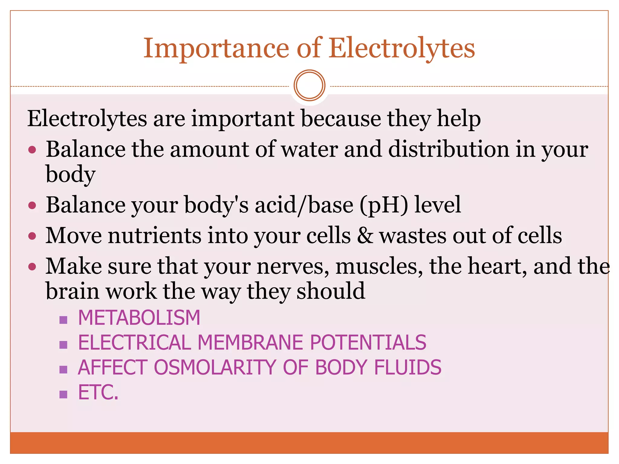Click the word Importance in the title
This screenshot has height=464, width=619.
[x=216, y=48]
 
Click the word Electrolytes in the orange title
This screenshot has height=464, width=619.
[x=402, y=48]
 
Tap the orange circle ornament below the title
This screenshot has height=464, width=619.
[x=309, y=85]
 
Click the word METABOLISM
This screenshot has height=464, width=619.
[x=139, y=318]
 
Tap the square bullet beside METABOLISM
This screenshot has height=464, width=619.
[x=63, y=320]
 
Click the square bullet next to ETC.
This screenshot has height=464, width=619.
[x=63, y=394]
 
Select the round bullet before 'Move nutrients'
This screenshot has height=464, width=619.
[x=32, y=236]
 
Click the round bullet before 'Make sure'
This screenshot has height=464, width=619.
[x=32, y=267]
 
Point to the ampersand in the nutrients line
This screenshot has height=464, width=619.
[x=365, y=236]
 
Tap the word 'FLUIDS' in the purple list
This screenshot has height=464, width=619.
[x=408, y=367]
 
